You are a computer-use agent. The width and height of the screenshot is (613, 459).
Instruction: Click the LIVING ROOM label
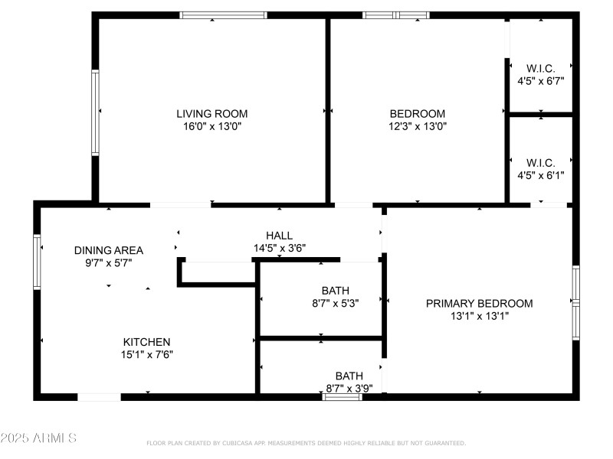pos(212,113)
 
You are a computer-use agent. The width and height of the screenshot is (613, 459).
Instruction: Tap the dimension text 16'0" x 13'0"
pos(212,126)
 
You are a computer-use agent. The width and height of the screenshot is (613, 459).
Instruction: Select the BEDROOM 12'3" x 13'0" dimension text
pos(418,126)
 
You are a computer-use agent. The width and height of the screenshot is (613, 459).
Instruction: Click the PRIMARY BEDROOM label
pos(479,303)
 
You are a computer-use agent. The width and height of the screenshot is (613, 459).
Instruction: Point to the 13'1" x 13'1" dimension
pos(479,316)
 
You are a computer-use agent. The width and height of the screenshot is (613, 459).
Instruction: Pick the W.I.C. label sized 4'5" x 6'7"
pos(540,68)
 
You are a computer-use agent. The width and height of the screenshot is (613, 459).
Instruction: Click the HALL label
pos(279,235)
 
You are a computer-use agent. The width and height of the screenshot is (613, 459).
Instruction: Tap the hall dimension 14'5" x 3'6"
pos(279,248)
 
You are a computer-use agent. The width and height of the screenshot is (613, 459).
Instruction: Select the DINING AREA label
pos(109,250)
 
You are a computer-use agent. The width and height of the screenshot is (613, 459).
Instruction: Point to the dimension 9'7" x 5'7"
pos(109,263)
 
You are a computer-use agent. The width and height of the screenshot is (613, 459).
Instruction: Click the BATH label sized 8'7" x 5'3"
pos(336,291)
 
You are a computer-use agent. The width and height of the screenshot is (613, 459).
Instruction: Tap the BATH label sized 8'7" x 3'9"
pos(349,376)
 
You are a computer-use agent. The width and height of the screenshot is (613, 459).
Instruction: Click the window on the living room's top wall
pos(223,15)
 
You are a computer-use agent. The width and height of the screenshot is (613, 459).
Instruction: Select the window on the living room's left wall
pos(96,113)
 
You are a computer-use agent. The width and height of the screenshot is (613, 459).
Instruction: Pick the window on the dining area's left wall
pos(37,262)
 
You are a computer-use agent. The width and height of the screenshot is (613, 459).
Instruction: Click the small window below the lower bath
pos(342,396)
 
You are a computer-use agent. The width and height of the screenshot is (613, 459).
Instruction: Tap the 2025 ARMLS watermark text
pos(38,438)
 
